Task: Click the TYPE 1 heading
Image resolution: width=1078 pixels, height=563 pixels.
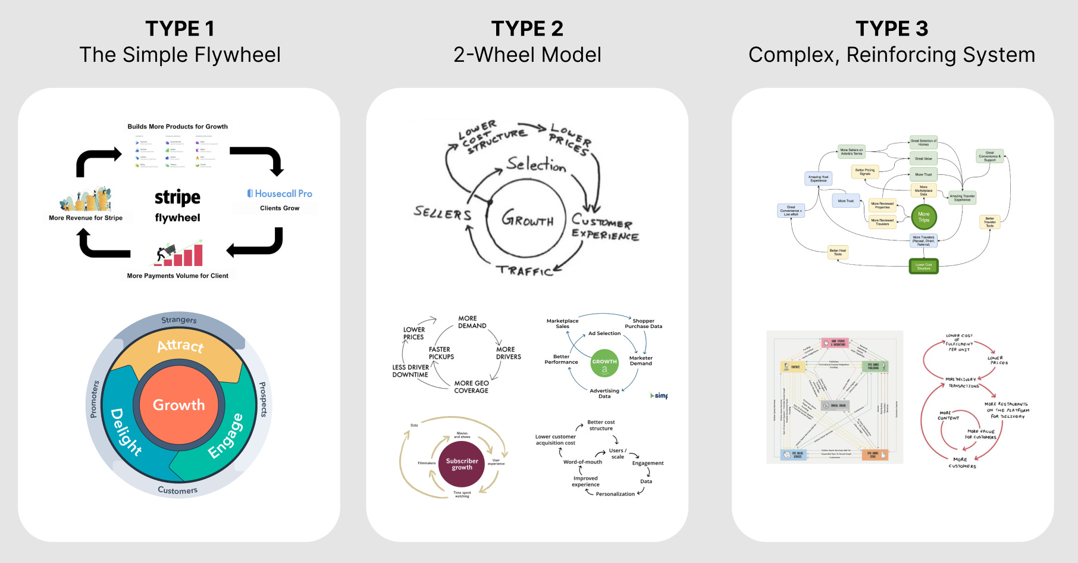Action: (180, 29)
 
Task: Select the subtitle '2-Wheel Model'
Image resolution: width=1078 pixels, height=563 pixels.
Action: (527, 55)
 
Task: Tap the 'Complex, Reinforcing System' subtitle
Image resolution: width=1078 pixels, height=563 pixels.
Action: (891, 55)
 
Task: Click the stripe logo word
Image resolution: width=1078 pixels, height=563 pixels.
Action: (177, 197)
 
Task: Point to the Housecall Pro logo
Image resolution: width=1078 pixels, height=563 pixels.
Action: (280, 193)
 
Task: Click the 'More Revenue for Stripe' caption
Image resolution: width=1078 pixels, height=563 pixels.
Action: (86, 218)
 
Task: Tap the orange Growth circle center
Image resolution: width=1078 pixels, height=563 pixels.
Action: (178, 405)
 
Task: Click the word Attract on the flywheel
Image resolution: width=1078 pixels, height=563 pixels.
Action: (180, 346)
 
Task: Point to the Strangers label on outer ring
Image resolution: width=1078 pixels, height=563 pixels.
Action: (178, 320)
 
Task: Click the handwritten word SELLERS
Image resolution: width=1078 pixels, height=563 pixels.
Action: (443, 213)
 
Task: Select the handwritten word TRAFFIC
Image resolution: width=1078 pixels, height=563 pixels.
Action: (525, 271)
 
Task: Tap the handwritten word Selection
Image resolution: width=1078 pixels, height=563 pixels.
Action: (536, 164)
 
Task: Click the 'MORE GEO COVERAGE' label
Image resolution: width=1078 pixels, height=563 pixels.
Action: (471, 387)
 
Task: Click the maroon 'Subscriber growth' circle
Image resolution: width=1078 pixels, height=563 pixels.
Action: (462, 464)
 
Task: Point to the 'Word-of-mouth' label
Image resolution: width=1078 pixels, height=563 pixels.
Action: (582, 462)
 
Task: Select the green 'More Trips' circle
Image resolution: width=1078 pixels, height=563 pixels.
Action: (923, 217)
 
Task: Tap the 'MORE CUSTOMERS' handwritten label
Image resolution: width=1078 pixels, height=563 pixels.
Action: (961, 462)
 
